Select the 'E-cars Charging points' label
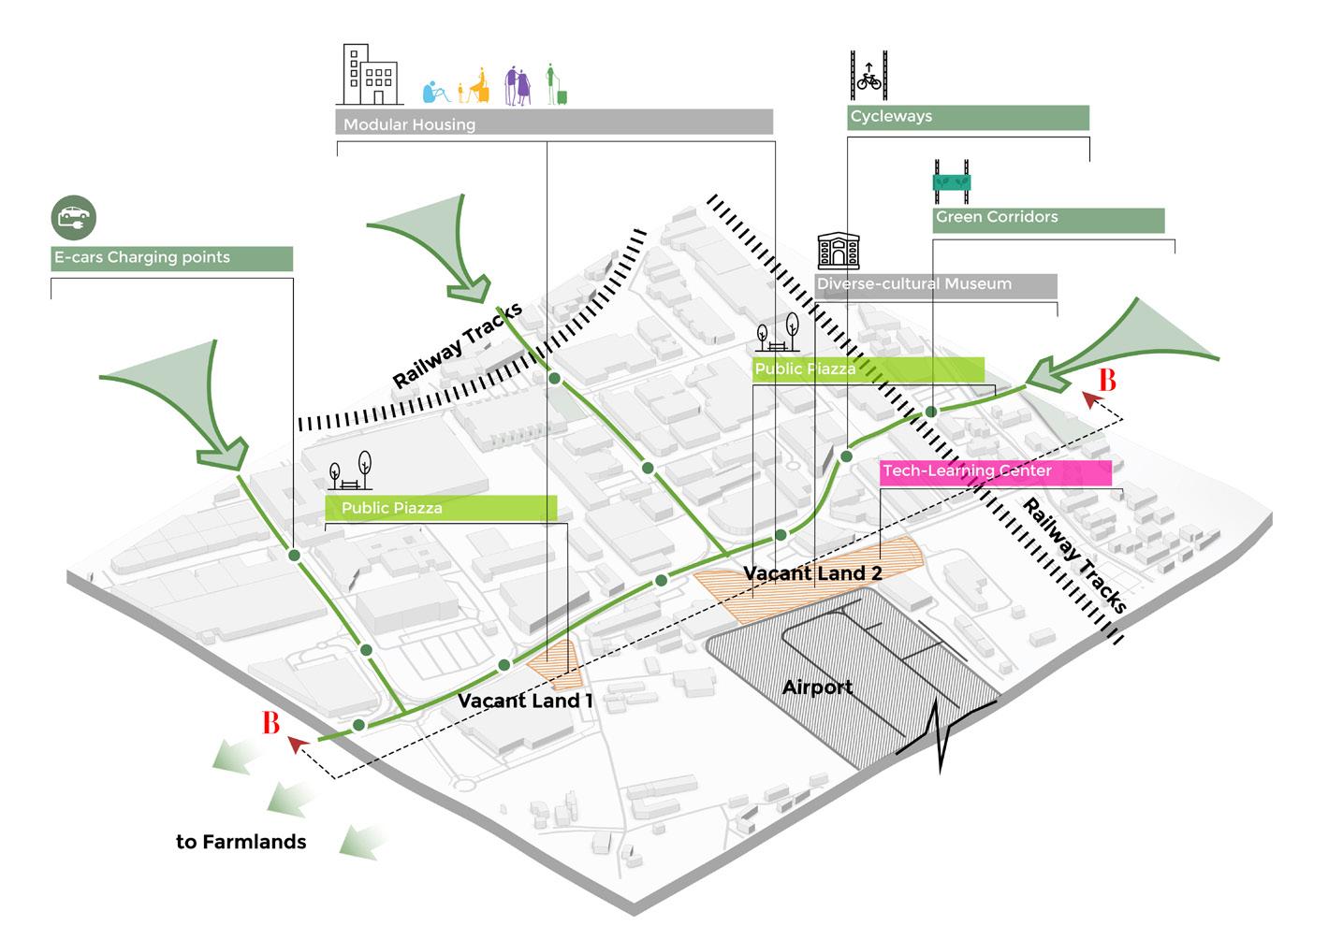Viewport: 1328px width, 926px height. coord(141,258)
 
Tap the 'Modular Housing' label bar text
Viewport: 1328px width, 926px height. coord(409,124)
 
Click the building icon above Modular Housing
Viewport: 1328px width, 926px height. coord(370,75)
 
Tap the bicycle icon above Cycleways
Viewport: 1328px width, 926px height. coord(868,76)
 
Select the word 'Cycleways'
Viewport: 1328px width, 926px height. coord(891,117)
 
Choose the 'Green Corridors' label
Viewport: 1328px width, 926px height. coord(996,217)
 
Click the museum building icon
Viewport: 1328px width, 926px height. coord(838,250)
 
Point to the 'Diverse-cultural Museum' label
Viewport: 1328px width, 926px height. coord(913,284)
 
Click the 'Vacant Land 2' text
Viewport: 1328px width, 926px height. coord(812,573)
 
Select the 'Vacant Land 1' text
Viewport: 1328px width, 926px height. coord(525,701)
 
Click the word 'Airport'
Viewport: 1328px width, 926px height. coord(817,687)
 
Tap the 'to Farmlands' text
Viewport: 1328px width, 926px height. coord(241,842)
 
